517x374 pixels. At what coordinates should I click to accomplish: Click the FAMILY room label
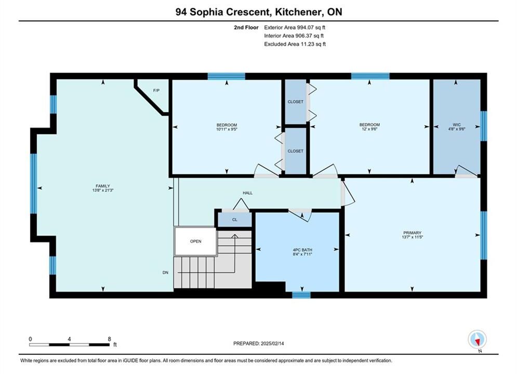point(103,186)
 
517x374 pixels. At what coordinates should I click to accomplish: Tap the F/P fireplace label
point(156,90)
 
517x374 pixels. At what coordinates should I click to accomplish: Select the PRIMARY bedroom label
point(412,233)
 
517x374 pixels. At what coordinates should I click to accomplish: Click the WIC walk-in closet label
point(457,125)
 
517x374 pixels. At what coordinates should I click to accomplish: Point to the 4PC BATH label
point(302,250)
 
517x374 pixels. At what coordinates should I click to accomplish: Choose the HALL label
point(248,193)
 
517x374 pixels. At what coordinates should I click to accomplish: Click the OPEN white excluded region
point(195,241)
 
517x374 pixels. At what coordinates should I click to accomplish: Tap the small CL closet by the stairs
point(235,219)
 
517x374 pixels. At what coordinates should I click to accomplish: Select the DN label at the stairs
point(166,273)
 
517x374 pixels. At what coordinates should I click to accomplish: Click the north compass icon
point(477,339)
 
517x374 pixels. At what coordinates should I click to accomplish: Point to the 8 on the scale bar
point(110,339)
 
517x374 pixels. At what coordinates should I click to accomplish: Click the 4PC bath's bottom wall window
point(301,295)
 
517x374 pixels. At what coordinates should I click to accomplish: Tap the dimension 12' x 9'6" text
point(369,129)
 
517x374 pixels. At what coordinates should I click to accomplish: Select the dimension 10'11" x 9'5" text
point(227,129)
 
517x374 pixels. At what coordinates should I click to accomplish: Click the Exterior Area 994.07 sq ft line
point(295,28)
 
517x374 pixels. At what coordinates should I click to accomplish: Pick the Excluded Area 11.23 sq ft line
point(295,44)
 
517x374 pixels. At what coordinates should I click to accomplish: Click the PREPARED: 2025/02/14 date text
point(259,343)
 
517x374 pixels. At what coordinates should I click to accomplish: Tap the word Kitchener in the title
point(298,12)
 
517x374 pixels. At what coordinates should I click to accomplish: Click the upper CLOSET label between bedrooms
point(296,102)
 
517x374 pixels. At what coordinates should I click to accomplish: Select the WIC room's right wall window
point(484,126)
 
